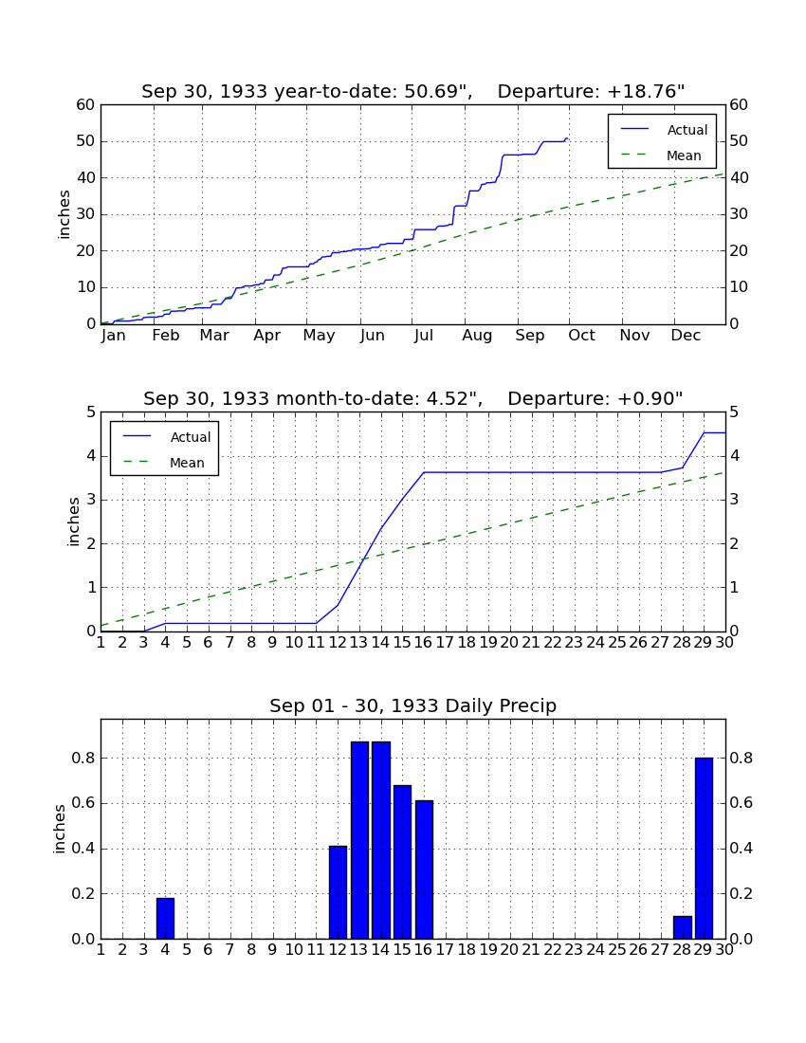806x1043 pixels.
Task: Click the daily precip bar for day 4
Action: click(x=165, y=918)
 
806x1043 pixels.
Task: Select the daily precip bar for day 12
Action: click(x=338, y=892)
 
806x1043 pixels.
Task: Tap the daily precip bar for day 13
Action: click(x=359, y=840)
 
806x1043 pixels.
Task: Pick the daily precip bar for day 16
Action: click(x=424, y=869)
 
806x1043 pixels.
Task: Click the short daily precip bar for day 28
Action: click(x=683, y=927)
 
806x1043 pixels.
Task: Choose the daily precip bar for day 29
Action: click(x=705, y=848)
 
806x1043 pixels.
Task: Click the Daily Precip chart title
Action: click(x=413, y=705)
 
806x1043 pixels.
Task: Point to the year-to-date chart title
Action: click(x=413, y=91)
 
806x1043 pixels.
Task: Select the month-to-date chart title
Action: click(x=413, y=398)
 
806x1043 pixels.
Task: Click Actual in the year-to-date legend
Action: click(x=687, y=130)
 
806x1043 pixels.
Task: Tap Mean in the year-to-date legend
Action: click(x=684, y=156)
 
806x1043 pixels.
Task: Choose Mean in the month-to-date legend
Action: click(x=187, y=463)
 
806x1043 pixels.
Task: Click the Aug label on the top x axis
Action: click(x=478, y=336)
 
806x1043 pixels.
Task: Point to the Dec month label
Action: click(x=686, y=336)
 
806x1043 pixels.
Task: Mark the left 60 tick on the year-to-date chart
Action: click(x=86, y=105)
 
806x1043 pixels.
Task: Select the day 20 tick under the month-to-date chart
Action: click(x=509, y=643)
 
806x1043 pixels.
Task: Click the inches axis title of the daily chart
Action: click(x=59, y=829)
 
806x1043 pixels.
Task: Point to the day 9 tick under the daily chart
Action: click(x=273, y=950)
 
